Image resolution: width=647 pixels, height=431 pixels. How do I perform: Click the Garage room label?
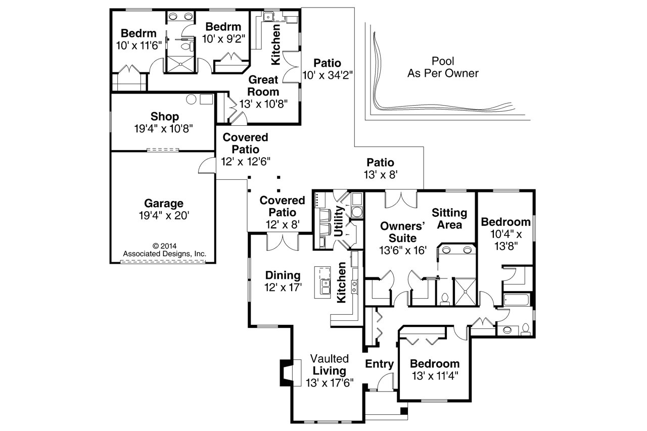pos(163,204)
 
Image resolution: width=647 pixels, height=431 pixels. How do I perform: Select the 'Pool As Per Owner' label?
pos(443,67)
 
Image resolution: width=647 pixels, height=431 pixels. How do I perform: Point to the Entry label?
pos(379,364)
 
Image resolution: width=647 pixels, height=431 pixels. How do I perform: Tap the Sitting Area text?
pos(449,219)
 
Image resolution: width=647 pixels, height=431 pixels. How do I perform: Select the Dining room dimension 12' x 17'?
pos(283,288)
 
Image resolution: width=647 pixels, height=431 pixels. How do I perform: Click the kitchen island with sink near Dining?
pos(323,282)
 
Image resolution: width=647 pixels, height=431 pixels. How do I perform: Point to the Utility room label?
pos(339,221)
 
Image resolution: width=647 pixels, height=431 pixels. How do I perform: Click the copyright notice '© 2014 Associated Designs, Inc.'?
pos(165,250)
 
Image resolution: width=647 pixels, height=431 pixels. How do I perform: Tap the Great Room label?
pos(263,86)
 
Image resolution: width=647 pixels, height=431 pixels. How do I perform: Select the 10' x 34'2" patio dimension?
pos(327,75)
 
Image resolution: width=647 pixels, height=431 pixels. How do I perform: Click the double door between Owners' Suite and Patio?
pos(401,199)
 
